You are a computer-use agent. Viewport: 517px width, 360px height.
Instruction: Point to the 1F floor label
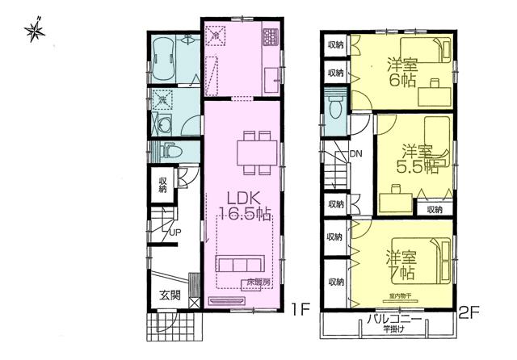[300, 308]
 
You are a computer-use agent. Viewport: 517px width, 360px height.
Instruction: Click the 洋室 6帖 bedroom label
[401, 73]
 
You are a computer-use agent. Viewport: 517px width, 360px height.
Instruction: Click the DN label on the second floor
[356, 155]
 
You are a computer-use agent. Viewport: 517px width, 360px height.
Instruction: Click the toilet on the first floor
[170, 150]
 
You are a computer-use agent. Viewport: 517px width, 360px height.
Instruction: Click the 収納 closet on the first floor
[163, 186]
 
